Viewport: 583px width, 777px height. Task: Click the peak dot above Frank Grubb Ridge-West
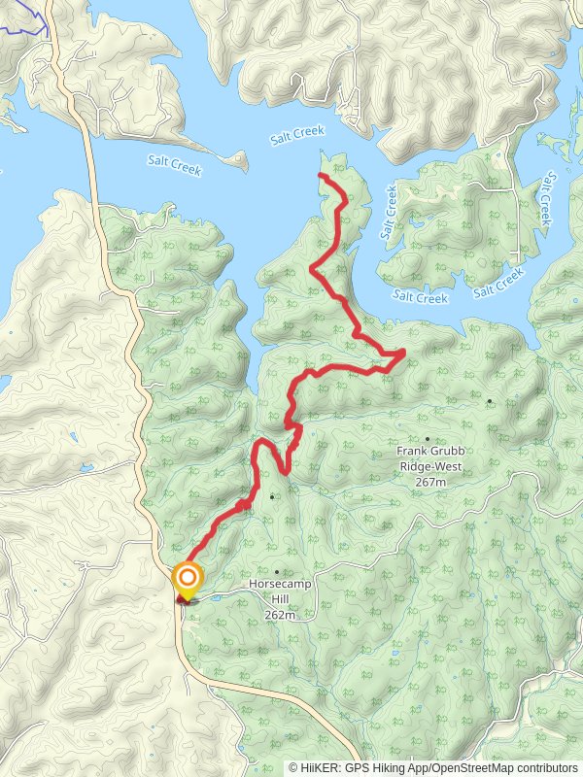[x=427, y=439]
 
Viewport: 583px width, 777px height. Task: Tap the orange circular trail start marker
[x=187, y=582]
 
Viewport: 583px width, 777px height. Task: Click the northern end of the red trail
[x=321, y=175]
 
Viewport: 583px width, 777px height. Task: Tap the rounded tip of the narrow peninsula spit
[x=242, y=158]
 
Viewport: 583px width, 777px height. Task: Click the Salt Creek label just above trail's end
[x=297, y=134]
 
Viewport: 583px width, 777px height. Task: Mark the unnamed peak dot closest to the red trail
[x=273, y=497]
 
